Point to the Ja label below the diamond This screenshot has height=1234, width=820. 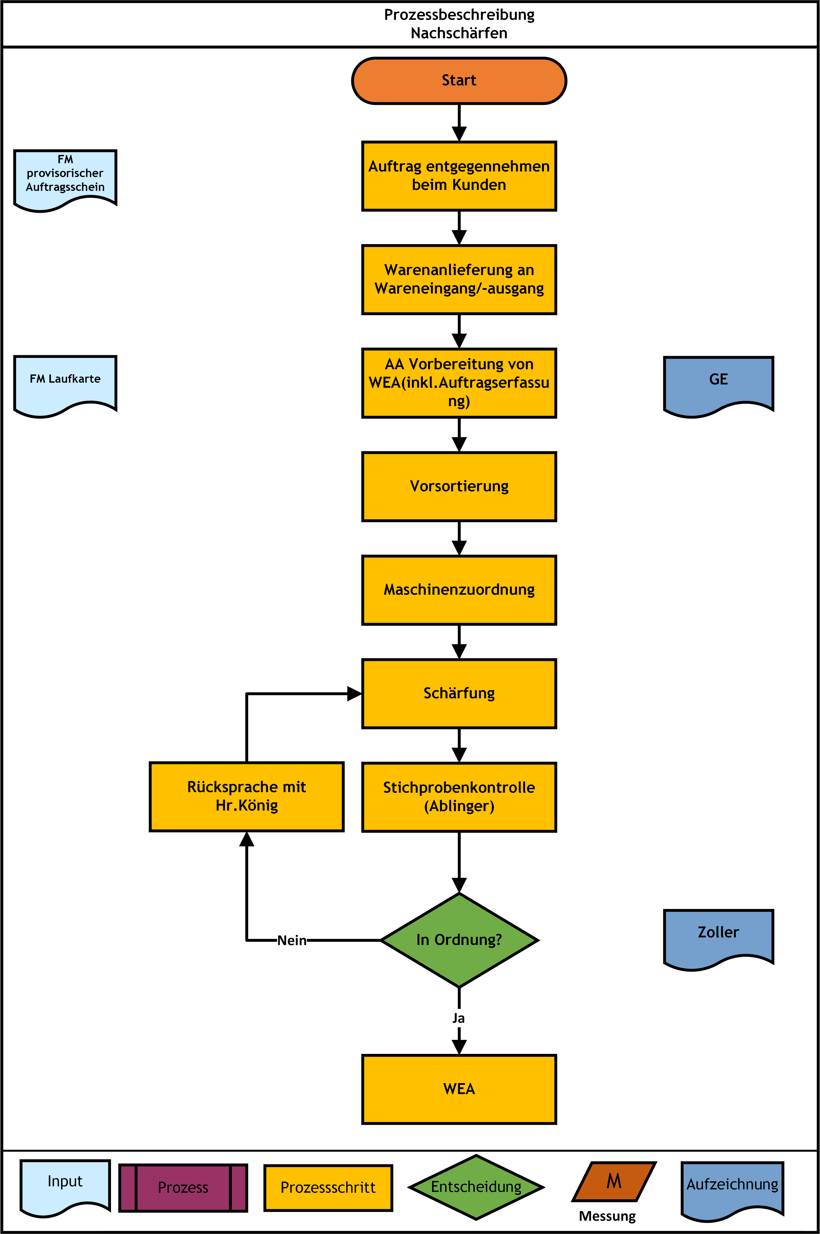459,1018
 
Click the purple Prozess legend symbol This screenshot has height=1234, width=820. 183,1187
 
